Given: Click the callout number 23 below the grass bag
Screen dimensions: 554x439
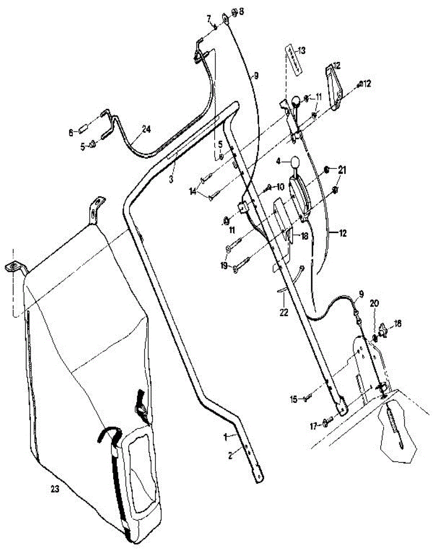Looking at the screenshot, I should click(x=54, y=490).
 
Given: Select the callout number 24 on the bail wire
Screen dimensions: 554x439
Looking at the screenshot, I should click(x=146, y=130).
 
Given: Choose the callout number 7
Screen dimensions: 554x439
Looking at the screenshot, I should click(x=209, y=18).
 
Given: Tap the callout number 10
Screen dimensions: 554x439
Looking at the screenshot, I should click(x=280, y=187).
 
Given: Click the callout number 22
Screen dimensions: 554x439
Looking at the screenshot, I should click(x=283, y=313).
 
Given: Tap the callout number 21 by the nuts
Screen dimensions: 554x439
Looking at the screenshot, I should click(x=342, y=171).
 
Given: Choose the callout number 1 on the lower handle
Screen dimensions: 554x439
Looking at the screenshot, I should click(x=226, y=436).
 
